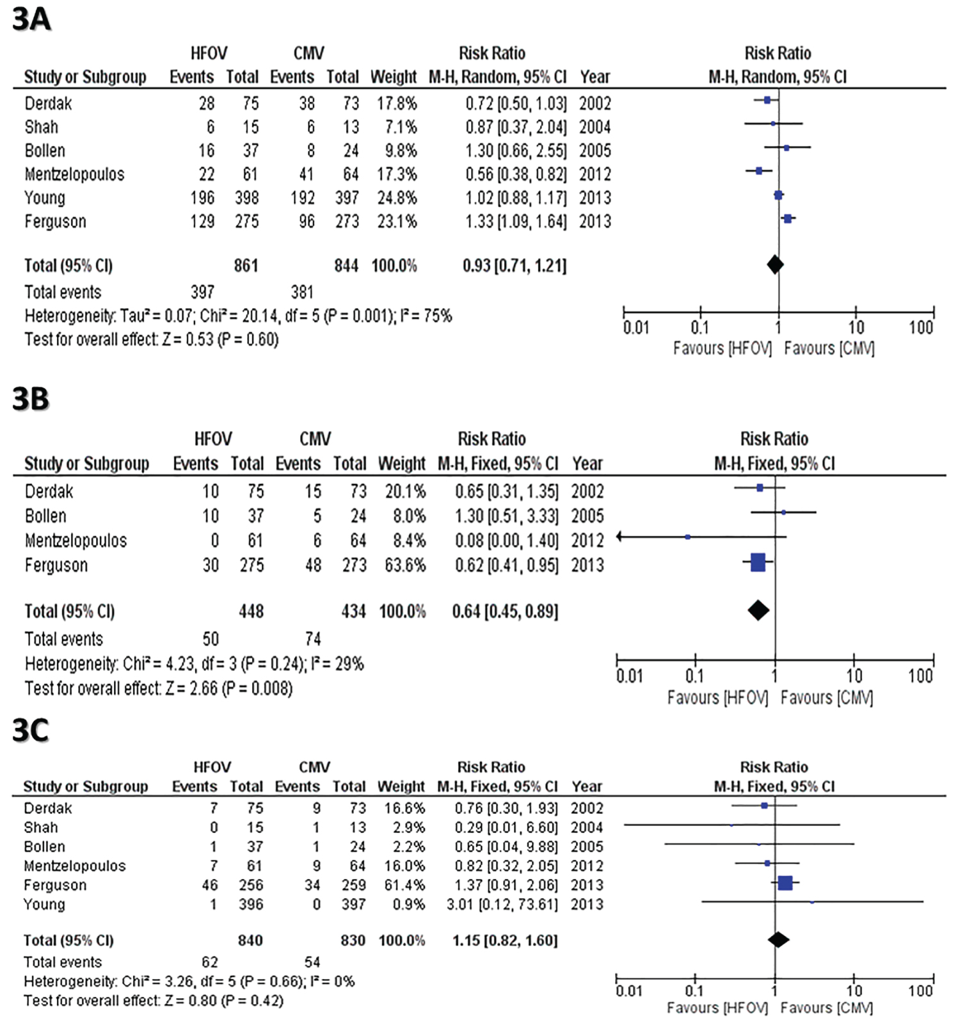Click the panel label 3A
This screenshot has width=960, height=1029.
coord(31,19)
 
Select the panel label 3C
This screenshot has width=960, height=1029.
coord(31,730)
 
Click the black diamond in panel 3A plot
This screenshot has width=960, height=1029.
coord(775,264)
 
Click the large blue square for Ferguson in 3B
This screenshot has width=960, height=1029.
coord(758,563)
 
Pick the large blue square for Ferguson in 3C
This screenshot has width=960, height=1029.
coord(785,883)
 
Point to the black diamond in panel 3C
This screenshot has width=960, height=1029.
coord(778,939)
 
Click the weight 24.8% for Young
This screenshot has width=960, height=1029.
coord(397,198)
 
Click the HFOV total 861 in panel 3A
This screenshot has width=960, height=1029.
coord(246,266)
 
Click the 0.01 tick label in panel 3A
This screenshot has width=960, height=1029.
coord(636,328)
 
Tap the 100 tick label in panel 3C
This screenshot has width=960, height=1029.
coord(920,991)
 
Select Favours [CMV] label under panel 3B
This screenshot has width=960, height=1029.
coord(826,697)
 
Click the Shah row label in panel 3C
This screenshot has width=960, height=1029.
coord(41,827)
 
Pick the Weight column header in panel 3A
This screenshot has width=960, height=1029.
coord(394,77)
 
